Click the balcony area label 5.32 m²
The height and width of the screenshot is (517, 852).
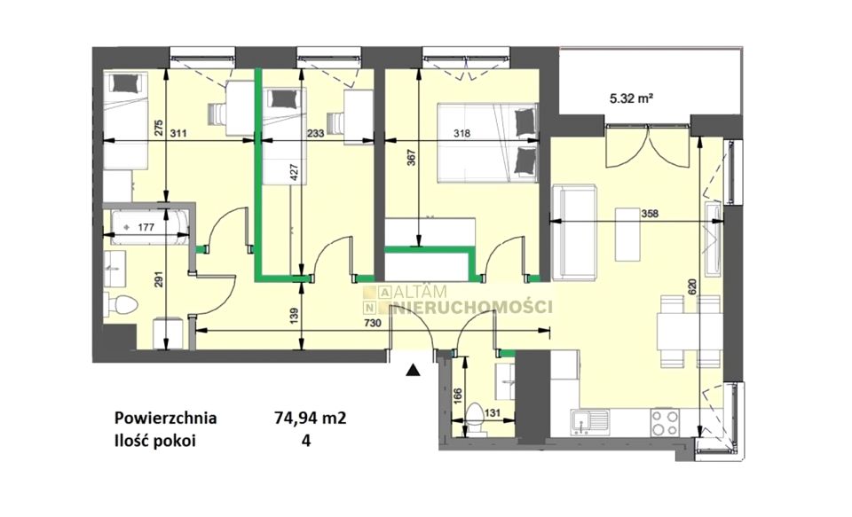(631, 98)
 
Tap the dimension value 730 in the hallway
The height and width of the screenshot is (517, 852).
(373, 323)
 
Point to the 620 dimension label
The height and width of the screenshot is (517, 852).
(691, 286)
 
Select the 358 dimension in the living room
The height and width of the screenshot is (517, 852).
(649, 214)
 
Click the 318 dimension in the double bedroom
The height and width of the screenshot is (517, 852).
(463, 133)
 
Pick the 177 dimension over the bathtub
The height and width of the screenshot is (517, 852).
(145, 228)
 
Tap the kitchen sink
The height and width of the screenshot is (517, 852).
(590, 421)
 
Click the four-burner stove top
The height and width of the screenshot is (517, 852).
(664, 421)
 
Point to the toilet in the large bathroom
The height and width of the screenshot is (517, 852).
(122, 305)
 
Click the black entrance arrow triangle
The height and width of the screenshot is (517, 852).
(414, 371)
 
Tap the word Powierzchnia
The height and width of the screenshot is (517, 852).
(166, 419)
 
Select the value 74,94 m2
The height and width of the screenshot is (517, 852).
(311, 419)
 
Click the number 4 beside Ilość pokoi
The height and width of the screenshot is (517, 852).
(306, 441)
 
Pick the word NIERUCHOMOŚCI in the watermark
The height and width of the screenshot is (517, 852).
(471, 308)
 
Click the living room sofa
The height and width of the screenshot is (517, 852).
(575, 232)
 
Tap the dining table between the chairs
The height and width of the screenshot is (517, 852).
(690, 332)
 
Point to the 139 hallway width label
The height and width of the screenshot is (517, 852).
(295, 317)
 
